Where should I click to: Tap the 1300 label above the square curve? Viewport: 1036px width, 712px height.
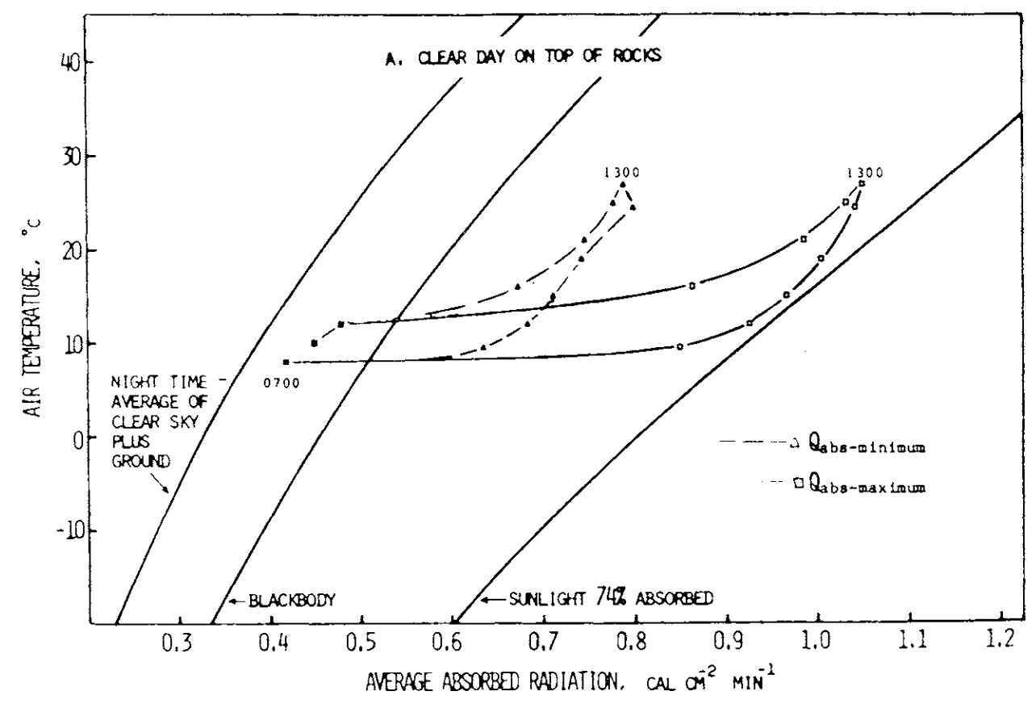[x=865, y=172]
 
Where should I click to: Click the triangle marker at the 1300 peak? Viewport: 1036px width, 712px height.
[x=622, y=185]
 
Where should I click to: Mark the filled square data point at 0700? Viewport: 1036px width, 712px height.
[x=286, y=362]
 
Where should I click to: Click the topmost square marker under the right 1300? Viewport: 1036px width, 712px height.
[x=862, y=184]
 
